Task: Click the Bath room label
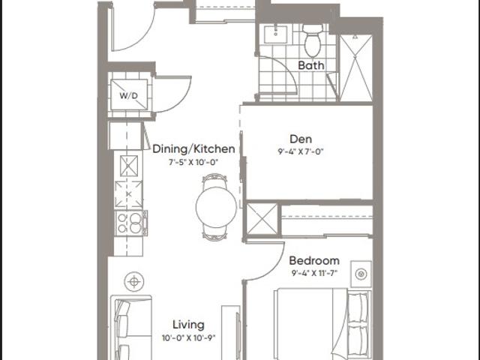[311, 65]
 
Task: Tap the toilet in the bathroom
[313, 40]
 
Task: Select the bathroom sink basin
[276, 34]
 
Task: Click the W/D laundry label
[128, 95]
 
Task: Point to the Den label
[301, 139]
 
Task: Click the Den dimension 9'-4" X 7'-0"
[301, 151]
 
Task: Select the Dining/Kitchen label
[193, 149]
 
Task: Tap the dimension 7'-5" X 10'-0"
[193, 162]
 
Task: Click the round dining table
[216, 207]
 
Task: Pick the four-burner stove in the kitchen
[131, 223]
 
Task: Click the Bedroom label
[314, 261]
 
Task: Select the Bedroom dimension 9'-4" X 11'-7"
[314, 273]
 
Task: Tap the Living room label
[188, 325]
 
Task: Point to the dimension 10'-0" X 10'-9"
[189, 338]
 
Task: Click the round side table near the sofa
[134, 282]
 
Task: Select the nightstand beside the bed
[361, 274]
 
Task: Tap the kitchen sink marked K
[128, 194]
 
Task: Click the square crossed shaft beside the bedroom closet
[262, 219]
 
